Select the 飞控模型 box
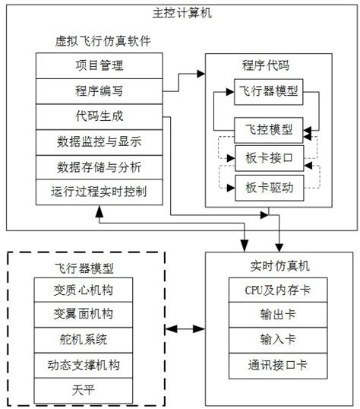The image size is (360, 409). [x=266, y=128]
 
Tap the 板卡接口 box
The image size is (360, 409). [x=266, y=157]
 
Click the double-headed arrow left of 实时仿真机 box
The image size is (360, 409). [x=185, y=329]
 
